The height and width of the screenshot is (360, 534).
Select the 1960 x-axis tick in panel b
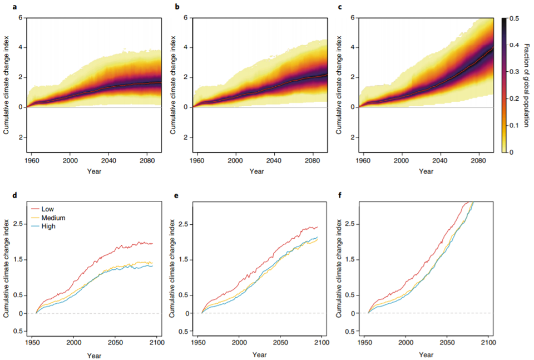(x=198, y=160)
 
